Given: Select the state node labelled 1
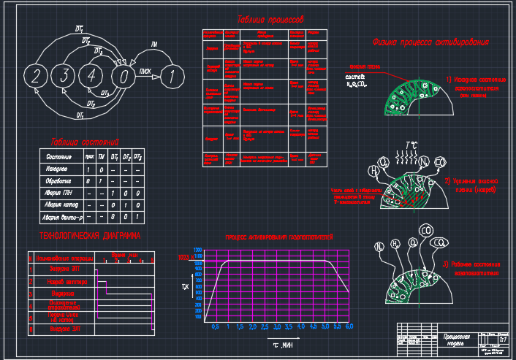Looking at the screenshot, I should [x=170, y=74].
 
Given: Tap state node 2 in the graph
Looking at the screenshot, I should [x=37, y=74].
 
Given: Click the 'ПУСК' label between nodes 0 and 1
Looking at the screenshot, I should [x=145, y=71].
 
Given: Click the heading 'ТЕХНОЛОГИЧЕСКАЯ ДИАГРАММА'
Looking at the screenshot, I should [x=89, y=236].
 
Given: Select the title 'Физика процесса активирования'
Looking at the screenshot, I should [x=430, y=42].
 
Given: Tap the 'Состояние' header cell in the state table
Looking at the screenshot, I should [x=59, y=157].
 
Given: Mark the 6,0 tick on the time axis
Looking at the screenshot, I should [x=349, y=326].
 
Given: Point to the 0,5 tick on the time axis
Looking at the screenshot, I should [x=215, y=326].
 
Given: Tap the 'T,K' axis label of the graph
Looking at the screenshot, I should [x=186, y=288].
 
